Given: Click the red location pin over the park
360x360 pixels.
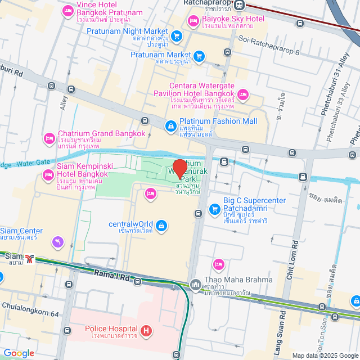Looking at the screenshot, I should (179, 168).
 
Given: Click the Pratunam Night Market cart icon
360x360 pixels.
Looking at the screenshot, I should (177, 36).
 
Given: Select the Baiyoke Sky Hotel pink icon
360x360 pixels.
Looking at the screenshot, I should (193, 21).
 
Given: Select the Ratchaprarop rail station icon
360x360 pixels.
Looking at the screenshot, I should (240, 5).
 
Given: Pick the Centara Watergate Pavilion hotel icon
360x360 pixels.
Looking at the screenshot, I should (243, 93).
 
